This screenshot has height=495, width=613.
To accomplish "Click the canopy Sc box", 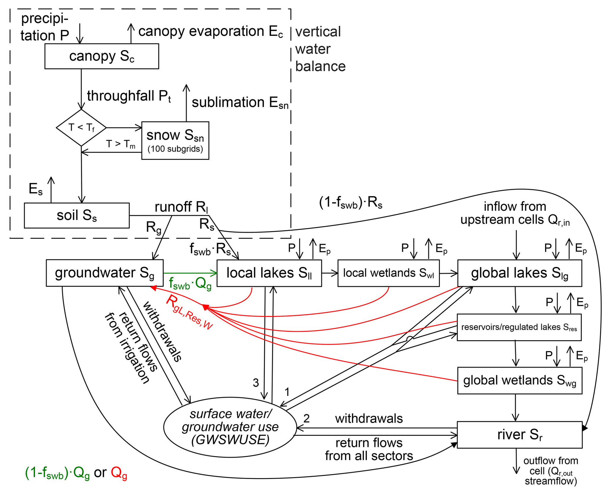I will click(102, 56).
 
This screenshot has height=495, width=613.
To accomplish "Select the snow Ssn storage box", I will click(175, 140).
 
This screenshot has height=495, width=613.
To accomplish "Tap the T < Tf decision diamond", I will click(81, 128).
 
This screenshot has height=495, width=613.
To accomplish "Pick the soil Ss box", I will click(77, 215).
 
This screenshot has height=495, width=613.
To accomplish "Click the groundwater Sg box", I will click(105, 273).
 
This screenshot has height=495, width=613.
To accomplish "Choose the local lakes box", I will click(269, 273).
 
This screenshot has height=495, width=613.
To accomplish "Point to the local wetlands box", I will click(389, 273).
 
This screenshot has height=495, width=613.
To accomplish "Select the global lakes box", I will click(520, 273).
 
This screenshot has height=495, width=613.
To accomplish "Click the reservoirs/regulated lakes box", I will click(519, 327).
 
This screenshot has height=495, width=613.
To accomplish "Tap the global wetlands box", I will click(520, 381).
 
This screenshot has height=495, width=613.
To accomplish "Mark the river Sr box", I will click(520, 435).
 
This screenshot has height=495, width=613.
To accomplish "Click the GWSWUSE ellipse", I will click(230, 427).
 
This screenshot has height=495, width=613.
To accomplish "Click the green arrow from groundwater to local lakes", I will click(190, 273).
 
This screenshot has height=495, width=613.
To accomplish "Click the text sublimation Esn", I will click(240, 103).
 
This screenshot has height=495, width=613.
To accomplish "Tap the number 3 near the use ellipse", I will click(256, 383).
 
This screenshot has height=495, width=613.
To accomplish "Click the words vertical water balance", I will click(320, 49).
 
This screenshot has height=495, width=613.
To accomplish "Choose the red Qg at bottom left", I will click(119, 472).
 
